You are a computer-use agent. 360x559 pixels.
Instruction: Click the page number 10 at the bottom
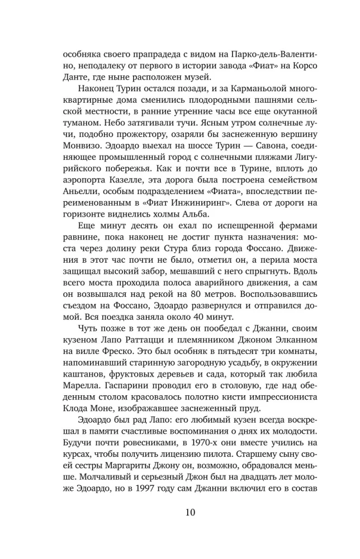(179, 512)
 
